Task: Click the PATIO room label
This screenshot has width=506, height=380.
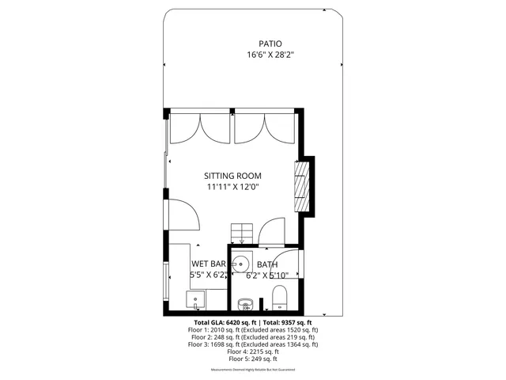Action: [x=270, y=44]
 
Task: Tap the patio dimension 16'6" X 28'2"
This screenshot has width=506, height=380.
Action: [x=271, y=55]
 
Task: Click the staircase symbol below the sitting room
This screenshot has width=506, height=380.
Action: [x=242, y=233]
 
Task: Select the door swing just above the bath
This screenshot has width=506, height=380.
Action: [x=273, y=227]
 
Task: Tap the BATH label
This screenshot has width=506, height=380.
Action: [x=267, y=265]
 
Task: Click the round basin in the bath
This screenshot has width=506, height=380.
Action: [x=244, y=264]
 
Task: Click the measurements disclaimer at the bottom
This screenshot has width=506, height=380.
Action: [x=252, y=370]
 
